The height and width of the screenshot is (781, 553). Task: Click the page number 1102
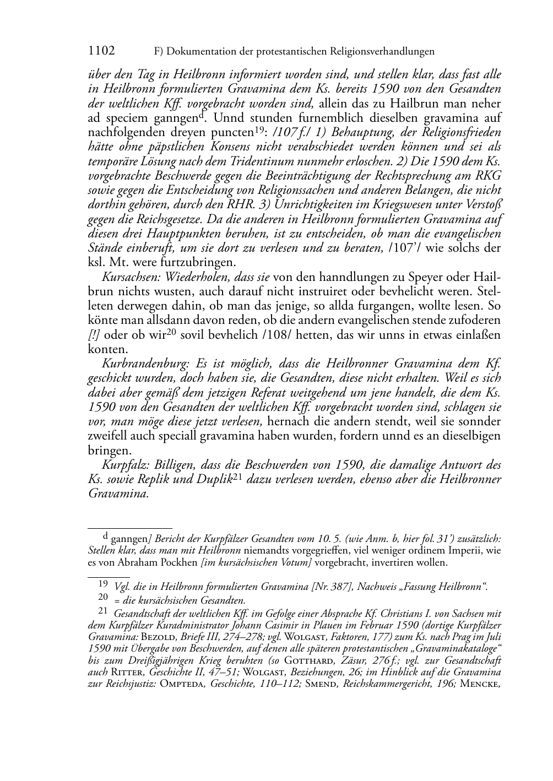101,51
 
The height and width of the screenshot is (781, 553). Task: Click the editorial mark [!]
94,335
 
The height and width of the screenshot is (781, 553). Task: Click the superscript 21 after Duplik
238,478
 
